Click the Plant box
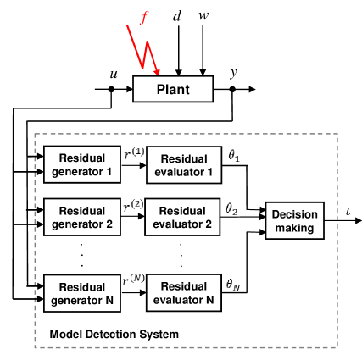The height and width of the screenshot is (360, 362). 172,89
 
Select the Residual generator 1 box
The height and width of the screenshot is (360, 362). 81,165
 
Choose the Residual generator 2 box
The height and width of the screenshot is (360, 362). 81,219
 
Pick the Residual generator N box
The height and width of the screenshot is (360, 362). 81,294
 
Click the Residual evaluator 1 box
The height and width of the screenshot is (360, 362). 184,165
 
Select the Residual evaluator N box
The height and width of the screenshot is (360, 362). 183,294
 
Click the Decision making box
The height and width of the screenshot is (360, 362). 294,221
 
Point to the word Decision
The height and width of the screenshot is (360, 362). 294,215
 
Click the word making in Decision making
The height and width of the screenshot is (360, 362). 294,228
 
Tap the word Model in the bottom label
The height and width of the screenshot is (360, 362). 65,335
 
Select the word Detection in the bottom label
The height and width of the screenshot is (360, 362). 113,335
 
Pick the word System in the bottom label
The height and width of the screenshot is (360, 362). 160,335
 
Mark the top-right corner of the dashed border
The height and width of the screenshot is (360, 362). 338,134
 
